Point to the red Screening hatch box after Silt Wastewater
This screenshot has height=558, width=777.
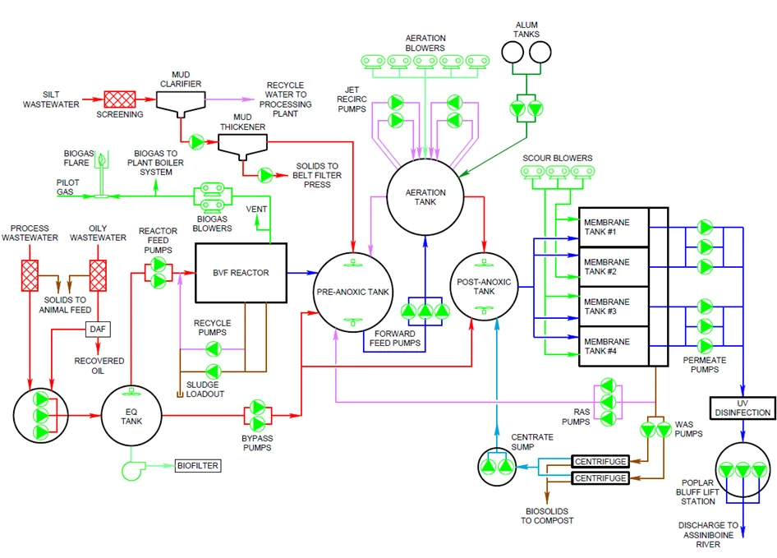pyautogui.click(x=119, y=99)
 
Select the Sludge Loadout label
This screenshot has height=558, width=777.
pyautogui.click(x=205, y=390)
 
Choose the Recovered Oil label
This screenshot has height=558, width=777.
pyautogui.click(x=99, y=366)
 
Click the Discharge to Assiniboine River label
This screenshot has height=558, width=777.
pyautogui.click(x=708, y=535)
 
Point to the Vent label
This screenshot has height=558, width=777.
pyautogui.click(x=256, y=210)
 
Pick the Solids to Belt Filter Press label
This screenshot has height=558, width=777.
pyautogui.click(x=317, y=175)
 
